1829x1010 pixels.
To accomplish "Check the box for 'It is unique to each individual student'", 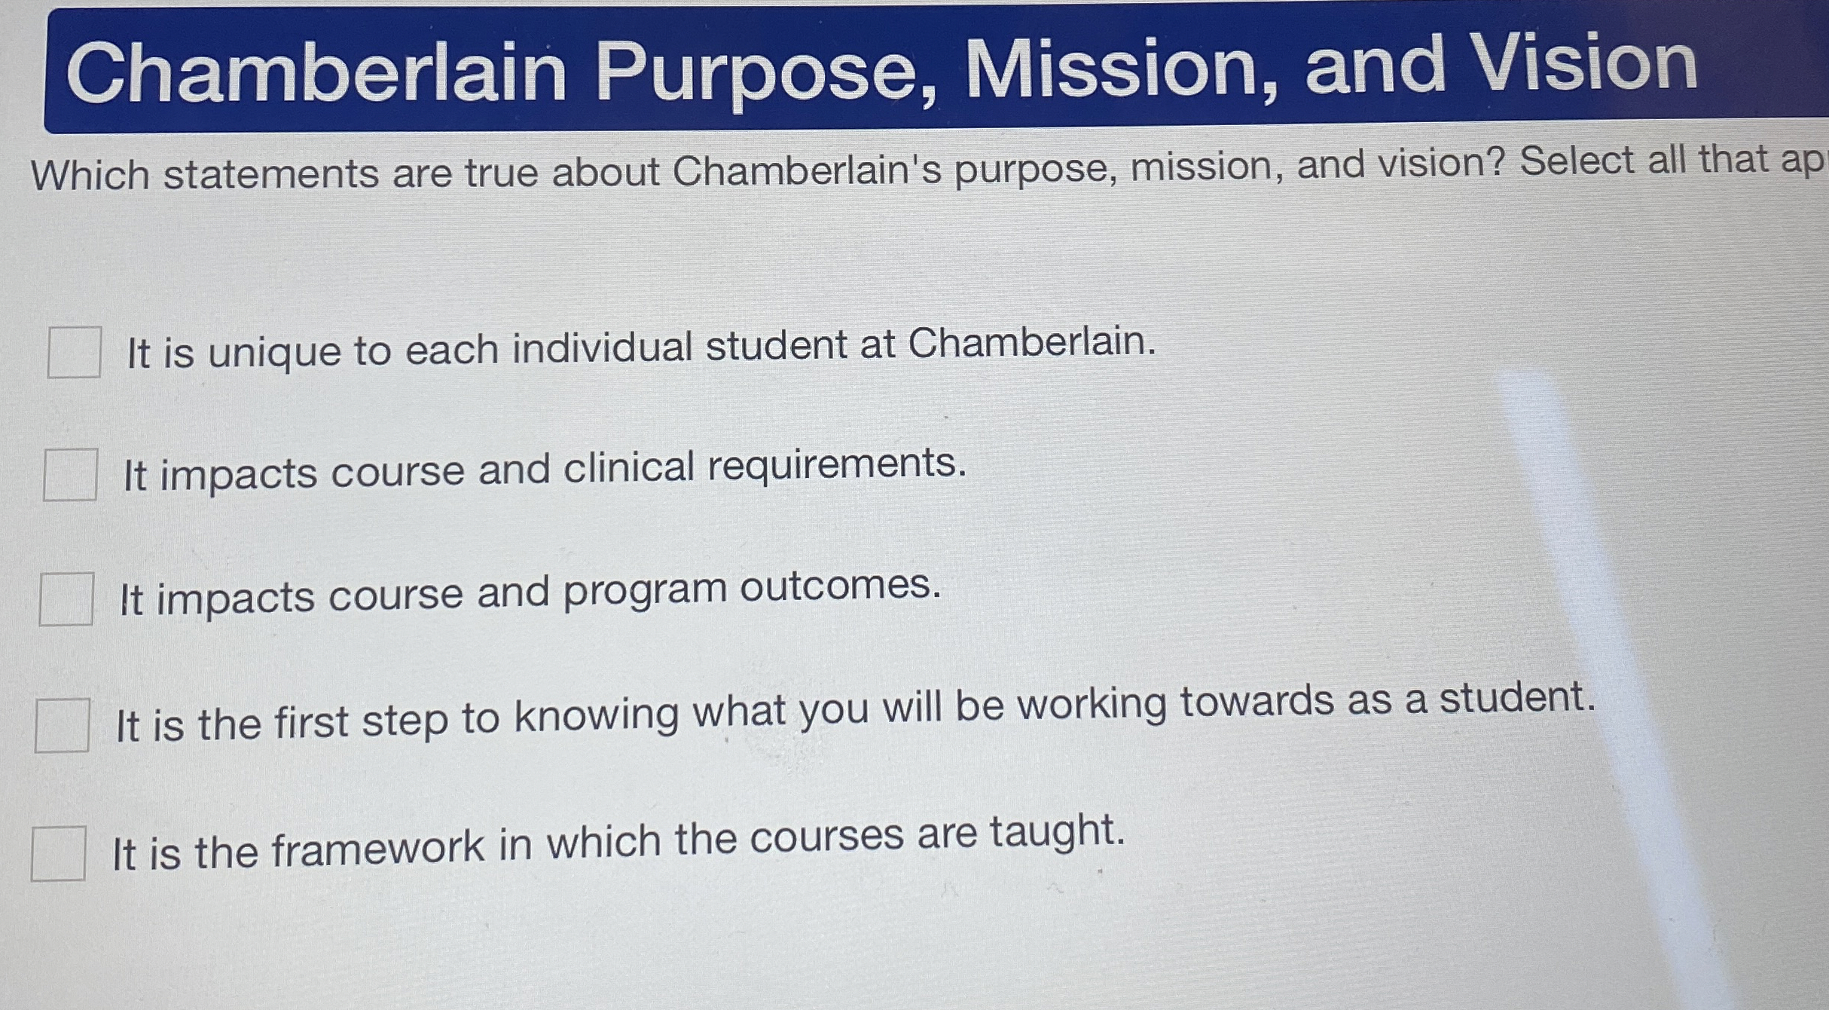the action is [x=74, y=352].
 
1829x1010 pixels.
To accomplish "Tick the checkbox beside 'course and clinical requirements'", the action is [x=70, y=475].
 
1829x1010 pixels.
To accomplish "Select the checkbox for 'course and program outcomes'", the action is [x=66, y=599].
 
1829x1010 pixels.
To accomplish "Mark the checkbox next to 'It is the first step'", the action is [x=62, y=725].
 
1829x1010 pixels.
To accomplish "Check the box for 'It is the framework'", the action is [x=58, y=853].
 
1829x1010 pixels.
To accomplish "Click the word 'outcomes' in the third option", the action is [x=840, y=586].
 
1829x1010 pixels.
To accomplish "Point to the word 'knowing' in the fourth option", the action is [x=597, y=715].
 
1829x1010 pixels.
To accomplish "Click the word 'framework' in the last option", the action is [x=377, y=847].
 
